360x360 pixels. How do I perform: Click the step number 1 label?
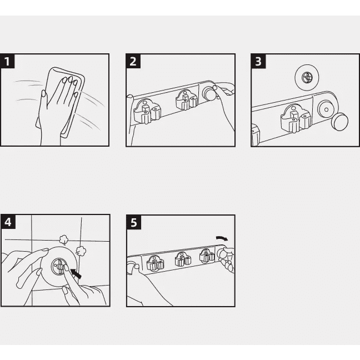(7, 61)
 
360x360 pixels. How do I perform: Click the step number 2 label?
(133, 61)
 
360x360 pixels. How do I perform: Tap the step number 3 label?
(258, 61)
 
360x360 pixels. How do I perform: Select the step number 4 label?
(8, 222)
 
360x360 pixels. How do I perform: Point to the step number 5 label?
(134, 222)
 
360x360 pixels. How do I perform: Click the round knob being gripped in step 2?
(208, 93)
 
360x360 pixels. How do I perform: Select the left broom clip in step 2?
(147, 111)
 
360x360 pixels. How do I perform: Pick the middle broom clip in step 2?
(187, 100)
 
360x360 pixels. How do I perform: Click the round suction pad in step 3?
(307, 77)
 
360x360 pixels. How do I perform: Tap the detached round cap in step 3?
(339, 122)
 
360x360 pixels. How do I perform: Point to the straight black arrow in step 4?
(76, 274)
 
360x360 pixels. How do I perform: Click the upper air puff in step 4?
(63, 240)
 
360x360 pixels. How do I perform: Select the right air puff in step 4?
(81, 251)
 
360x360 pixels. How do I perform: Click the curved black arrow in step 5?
(222, 238)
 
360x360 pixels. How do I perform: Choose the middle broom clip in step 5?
(183, 259)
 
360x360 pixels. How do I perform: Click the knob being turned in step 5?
(222, 253)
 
